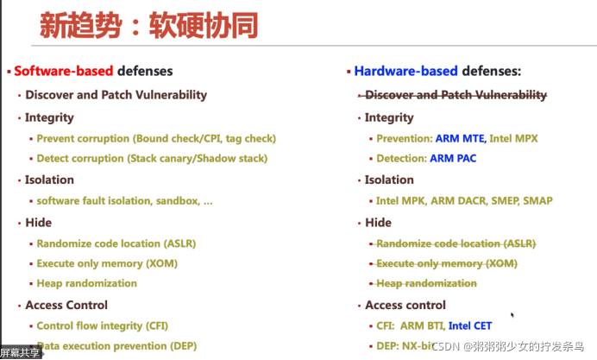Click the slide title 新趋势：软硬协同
coord(148,26)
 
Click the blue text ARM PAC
coord(452,159)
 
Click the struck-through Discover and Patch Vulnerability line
coord(456,95)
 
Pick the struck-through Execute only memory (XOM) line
coord(446,263)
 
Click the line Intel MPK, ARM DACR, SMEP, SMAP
coord(464,200)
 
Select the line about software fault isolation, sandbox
coord(124,200)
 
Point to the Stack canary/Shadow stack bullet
coord(152,159)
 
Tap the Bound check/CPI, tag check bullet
coord(156,138)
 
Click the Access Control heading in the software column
coord(66,305)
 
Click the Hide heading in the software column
coord(38,222)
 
